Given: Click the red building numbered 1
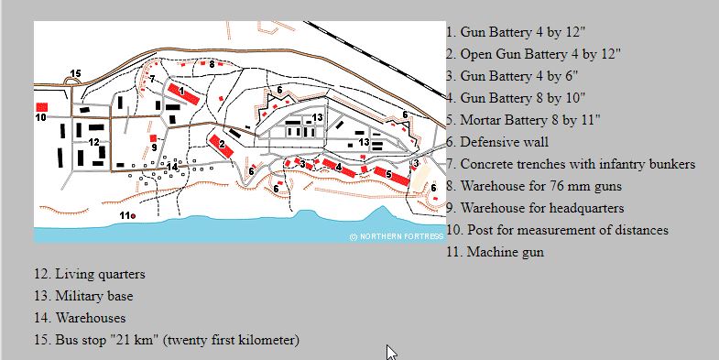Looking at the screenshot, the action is (183, 93).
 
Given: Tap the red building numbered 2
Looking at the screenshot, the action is (222, 147).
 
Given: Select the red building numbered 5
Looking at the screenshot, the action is (392, 176).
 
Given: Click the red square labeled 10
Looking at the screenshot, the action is (42, 107).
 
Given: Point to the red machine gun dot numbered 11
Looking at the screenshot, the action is (133, 216).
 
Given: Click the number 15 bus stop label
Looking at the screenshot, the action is (75, 73).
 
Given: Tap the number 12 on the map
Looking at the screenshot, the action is (93, 142).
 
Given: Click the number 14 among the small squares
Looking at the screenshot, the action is (172, 167).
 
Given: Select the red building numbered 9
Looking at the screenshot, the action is (153, 138).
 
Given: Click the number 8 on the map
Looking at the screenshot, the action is (212, 65).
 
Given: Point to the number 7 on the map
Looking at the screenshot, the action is (152, 79).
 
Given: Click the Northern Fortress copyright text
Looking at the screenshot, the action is (397, 236).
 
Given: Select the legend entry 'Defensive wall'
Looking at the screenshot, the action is (497, 142).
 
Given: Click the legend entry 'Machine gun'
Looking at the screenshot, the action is (496, 252).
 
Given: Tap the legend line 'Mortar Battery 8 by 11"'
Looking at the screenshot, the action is (523, 120).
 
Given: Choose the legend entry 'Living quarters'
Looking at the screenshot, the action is (90, 274).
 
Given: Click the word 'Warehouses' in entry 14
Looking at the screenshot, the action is (91, 318).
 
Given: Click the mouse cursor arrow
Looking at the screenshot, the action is (391, 353).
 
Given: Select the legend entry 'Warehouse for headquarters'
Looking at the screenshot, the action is (535, 208).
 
